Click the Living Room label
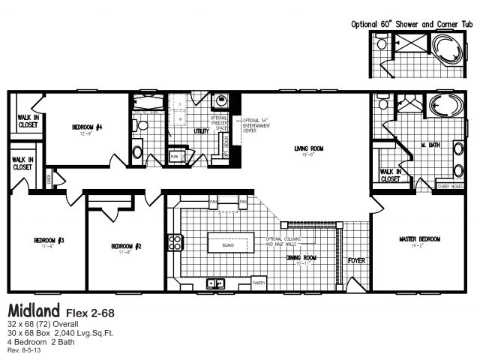click(x=307, y=148)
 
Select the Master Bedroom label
click(x=419, y=239)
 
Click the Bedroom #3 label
click(x=49, y=240)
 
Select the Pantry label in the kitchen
click(x=259, y=283)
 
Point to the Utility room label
click(x=201, y=131)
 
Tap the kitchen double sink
click(x=217, y=283)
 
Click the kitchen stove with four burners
click(x=176, y=241)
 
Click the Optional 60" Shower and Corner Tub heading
click(x=412, y=23)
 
